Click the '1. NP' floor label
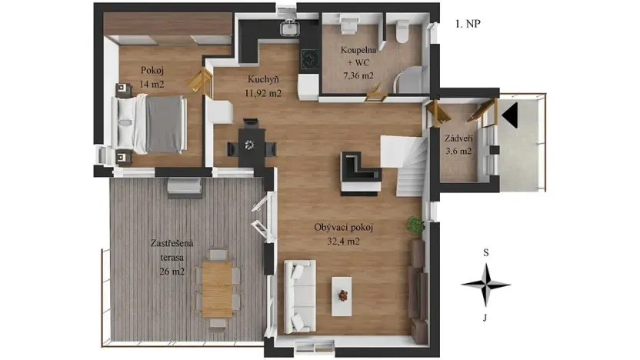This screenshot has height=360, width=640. (x=468, y=24)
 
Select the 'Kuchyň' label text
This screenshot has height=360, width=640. (x=263, y=80)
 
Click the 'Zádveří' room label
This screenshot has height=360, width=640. (x=458, y=138)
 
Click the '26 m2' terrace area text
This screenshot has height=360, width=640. (x=172, y=271)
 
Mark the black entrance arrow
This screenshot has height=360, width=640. (x=511, y=116)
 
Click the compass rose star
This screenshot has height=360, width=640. (x=485, y=284)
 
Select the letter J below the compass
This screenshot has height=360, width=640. (x=485, y=315)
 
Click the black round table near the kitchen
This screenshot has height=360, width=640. (x=248, y=144)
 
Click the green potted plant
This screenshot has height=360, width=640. (x=415, y=225)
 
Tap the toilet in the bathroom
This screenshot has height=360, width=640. (x=400, y=31)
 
